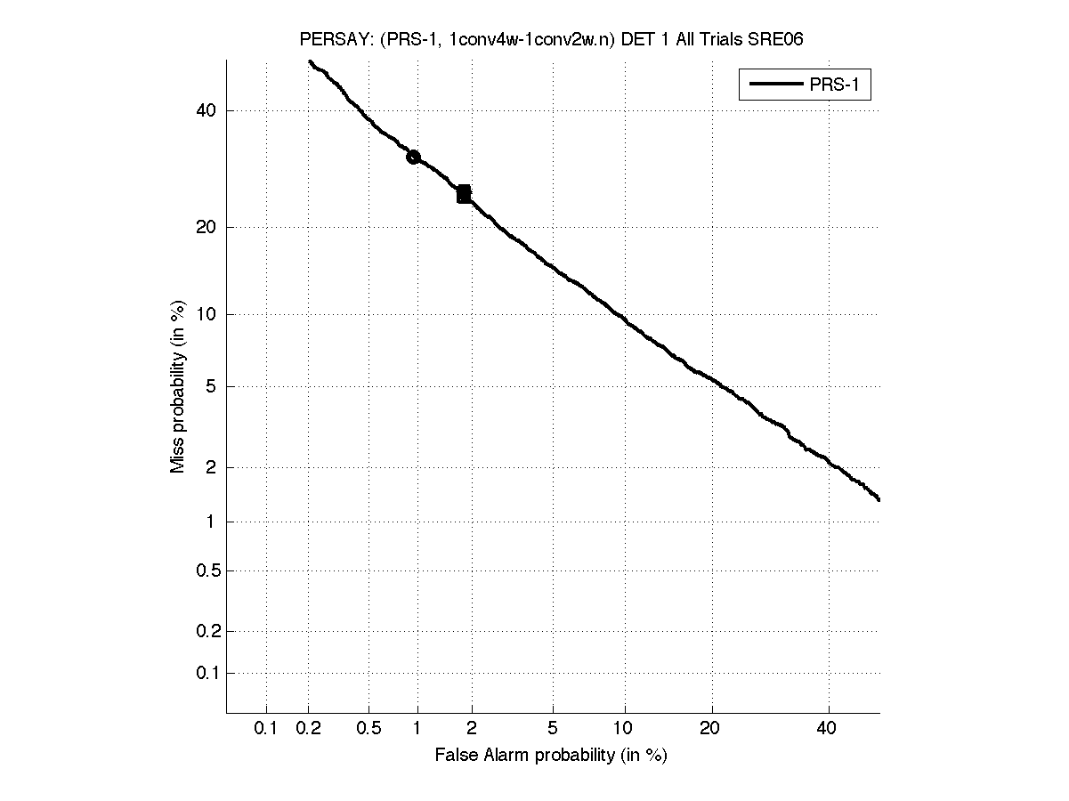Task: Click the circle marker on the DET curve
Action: [413, 158]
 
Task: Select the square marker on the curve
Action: [464, 194]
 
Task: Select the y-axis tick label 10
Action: [206, 314]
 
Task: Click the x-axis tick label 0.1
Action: [265, 729]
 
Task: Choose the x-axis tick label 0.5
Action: [368, 729]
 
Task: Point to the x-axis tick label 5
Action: [553, 729]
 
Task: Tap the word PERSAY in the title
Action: [328, 41]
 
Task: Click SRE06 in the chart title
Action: [782, 41]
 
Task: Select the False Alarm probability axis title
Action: [551, 756]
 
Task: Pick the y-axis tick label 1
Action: [211, 522]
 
